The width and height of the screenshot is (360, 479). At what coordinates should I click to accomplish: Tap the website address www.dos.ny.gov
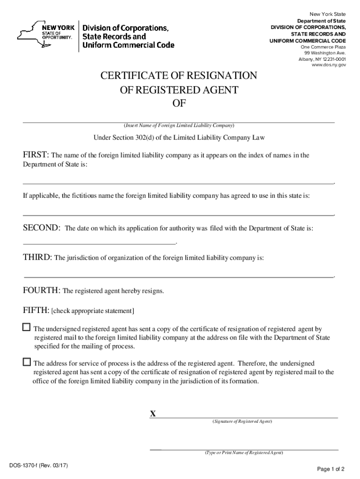pyautogui.click(x=329, y=65)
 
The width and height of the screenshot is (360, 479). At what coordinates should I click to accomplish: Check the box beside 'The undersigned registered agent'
pyautogui.click(x=27, y=327)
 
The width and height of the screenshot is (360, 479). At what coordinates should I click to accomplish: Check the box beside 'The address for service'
pyautogui.click(x=27, y=362)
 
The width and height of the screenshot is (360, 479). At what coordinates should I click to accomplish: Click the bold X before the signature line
pyautogui.click(x=152, y=414)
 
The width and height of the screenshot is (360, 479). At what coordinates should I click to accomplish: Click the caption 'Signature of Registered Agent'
pyautogui.click(x=242, y=421)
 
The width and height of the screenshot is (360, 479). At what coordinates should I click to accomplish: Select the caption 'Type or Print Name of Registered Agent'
pyautogui.click(x=244, y=453)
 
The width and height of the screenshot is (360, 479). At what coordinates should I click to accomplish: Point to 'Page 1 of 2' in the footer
pyautogui.click(x=331, y=469)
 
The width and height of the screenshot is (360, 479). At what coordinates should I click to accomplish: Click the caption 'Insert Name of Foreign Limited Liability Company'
pyautogui.click(x=179, y=126)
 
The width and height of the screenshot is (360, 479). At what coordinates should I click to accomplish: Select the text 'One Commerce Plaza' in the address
pyautogui.click(x=323, y=47)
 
